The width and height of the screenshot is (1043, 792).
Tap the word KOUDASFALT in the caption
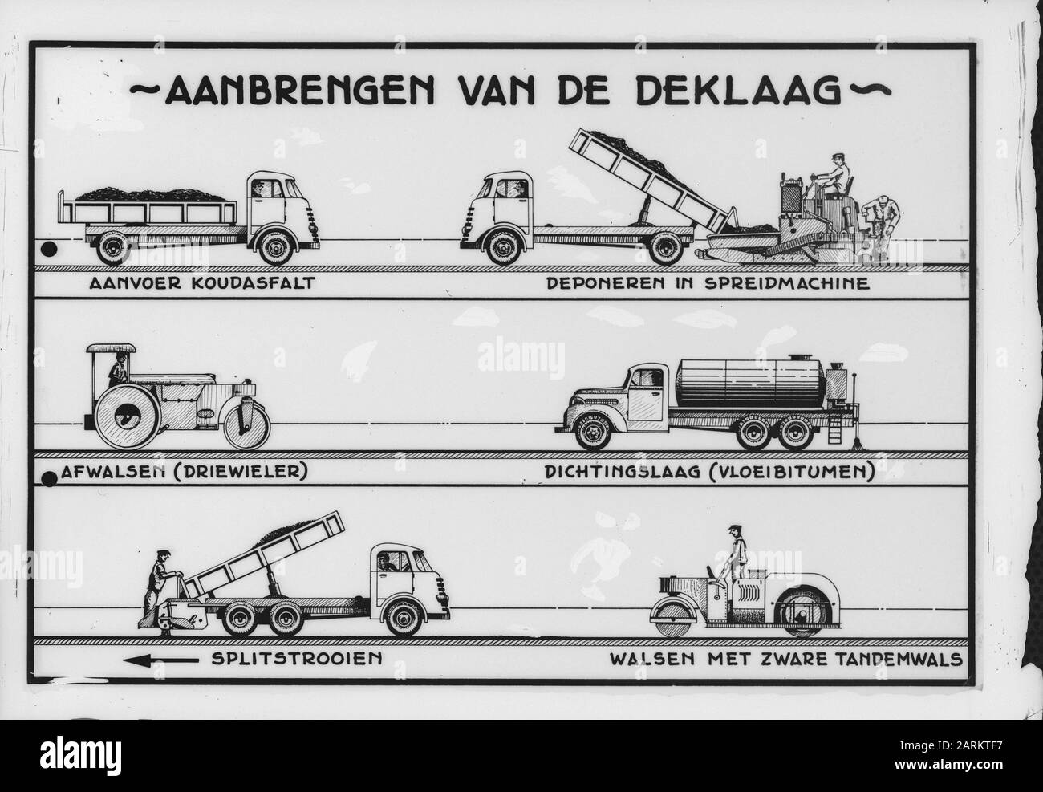coord(254,283)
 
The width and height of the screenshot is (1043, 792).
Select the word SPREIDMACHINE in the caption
coord(787,283)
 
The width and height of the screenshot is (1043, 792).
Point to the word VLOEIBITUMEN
coord(790,473)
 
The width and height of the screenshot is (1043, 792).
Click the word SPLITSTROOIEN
coord(297,659)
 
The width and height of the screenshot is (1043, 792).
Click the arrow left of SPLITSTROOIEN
coord(160,660)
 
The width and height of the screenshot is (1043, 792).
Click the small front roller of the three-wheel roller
coord(247,426)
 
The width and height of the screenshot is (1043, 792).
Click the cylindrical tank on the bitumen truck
coord(750,383)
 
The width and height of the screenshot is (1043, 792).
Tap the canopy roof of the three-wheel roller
coord(111,349)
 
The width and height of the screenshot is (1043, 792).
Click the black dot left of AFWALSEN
coord(50,479)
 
